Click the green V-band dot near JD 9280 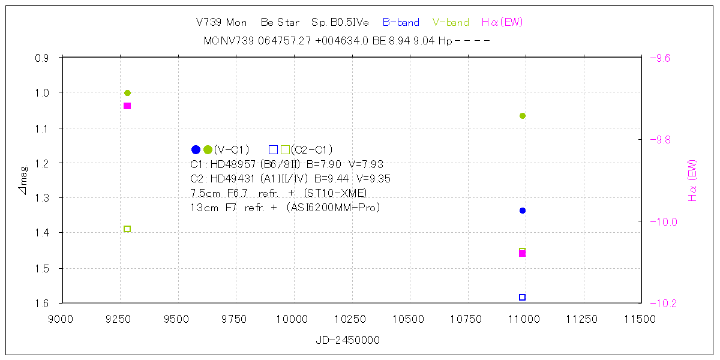(127, 93)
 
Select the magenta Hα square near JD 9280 (127, 106)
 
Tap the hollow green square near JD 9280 (127, 229)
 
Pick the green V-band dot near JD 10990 (523, 116)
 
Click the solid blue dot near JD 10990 (523, 211)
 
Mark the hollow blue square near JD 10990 (523, 297)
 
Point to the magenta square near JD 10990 (523, 254)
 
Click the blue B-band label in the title (401, 23)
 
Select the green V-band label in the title (451, 23)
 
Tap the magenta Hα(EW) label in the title (502, 23)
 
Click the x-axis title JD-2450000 (347, 340)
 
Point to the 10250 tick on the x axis (352, 319)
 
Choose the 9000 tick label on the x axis (62, 319)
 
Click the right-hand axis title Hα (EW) (692, 180)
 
